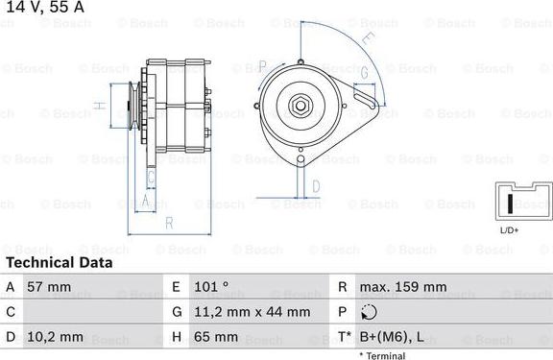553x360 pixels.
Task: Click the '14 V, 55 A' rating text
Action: click(42, 7)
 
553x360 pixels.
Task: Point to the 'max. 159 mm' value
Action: click(402, 286)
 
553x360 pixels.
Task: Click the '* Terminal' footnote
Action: click(382, 355)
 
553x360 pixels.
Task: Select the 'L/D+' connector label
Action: click(509, 230)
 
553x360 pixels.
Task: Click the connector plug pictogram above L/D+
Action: click(517, 202)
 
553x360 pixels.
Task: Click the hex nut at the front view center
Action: click(301, 107)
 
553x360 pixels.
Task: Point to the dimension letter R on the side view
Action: click(168, 223)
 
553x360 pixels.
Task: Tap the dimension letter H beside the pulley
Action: click(99, 106)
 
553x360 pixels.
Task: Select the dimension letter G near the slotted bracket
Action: click(365, 73)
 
